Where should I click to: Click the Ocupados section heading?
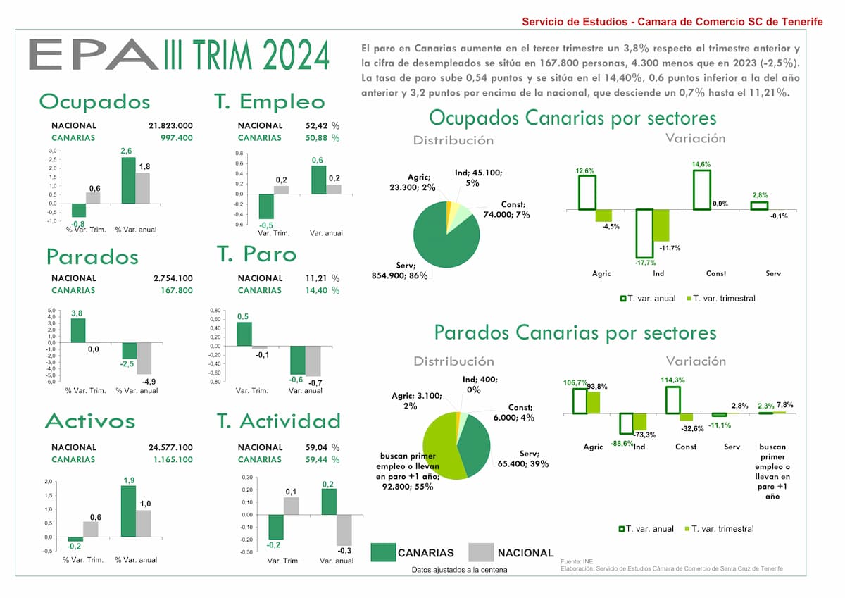tap(94, 101)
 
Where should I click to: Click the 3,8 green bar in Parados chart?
tap(78, 330)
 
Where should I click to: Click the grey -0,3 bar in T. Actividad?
tap(344, 530)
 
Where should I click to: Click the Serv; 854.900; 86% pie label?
tap(399, 270)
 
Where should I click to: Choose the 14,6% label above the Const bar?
tap(701, 164)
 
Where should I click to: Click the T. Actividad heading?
tap(278, 421)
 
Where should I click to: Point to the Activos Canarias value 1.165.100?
tap(171, 459)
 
